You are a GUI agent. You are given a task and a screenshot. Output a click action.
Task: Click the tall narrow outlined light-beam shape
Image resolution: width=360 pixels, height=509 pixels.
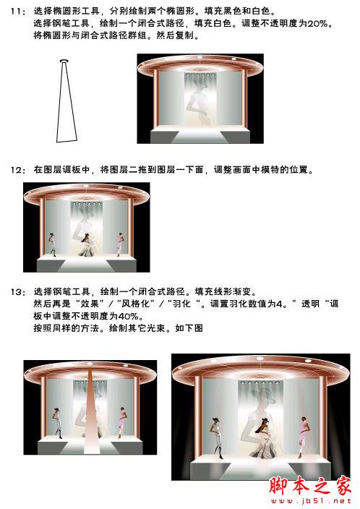[67, 102]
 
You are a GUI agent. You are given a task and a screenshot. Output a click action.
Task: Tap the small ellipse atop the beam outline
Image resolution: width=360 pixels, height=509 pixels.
[64, 61]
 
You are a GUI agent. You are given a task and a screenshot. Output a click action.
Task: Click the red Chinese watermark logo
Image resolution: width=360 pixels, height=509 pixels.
[310, 485]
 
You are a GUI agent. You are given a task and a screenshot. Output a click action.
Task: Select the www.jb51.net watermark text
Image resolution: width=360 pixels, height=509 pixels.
[311, 501]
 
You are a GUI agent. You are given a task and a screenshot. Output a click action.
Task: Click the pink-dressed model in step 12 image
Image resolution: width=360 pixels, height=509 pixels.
[120, 244]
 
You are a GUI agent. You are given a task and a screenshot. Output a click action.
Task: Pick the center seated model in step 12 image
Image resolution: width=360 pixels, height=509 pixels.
[86, 245]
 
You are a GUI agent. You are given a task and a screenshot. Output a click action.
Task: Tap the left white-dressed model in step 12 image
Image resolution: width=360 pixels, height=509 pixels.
[52, 244]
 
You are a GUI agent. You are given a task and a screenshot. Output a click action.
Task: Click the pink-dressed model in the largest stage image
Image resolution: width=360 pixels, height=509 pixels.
[303, 437]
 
